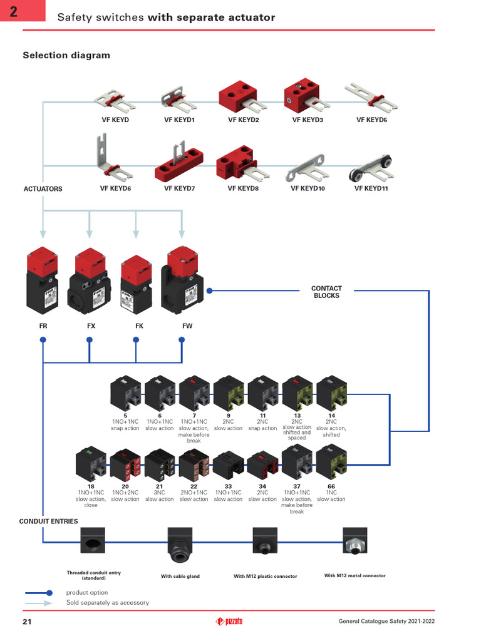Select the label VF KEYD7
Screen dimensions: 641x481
tap(180, 188)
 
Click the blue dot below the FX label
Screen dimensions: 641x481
tap(90, 340)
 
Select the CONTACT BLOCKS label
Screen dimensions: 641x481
tap(326, 292)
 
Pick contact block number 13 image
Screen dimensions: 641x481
tap(297, 392)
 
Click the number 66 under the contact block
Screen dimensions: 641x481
tap(331, 486)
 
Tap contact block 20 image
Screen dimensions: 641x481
tap(125, 465)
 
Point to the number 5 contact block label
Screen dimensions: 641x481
tap(125, 416)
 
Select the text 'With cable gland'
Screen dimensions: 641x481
tap(180, 577)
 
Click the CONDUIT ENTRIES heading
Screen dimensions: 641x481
tap(49, 521)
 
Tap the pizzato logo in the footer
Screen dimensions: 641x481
tap(229, 622)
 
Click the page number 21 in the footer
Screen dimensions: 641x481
tap(27, 622)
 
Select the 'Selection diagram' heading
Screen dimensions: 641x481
tap(66, 56)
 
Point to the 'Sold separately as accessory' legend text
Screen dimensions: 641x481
tap(108, 603)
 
